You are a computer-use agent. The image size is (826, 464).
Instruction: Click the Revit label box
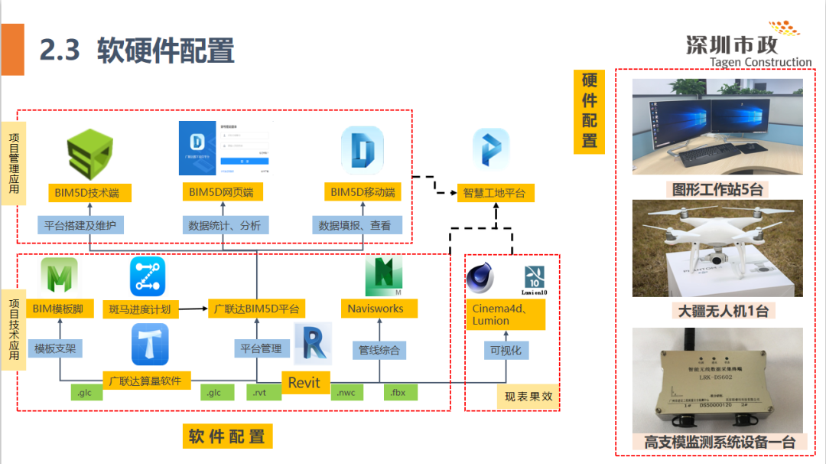(x=304, y=383)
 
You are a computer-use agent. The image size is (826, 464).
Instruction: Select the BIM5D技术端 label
(x=86, y=192)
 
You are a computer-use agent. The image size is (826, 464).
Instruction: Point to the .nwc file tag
(x=348, y=393)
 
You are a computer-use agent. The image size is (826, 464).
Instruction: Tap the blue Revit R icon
(x=313, y=342)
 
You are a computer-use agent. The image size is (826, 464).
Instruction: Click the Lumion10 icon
(x=534, y=281)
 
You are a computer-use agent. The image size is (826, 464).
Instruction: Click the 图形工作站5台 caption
(x=717, y=189)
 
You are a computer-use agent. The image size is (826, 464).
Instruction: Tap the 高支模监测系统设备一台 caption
(x=718, y=443)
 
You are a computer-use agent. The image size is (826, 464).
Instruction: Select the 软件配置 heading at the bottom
(x=226, y=437)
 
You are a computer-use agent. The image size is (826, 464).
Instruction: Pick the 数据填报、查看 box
(x=354, y=225)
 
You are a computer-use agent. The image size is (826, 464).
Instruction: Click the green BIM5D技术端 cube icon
(x=89, y=154)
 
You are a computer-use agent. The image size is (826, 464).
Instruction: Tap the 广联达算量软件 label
(x=145, y=381)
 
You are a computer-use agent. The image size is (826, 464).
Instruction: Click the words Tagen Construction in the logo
(x=760, y=63)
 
